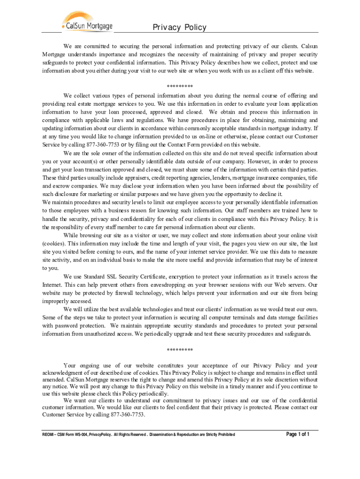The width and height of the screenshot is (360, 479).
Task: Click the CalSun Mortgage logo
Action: (x=87, y=22)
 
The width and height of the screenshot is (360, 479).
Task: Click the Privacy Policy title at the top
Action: (x=179, y=28)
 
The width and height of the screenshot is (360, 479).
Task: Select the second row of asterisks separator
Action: (x=180, y=350)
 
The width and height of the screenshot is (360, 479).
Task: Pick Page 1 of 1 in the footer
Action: (x=298, y=434)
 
